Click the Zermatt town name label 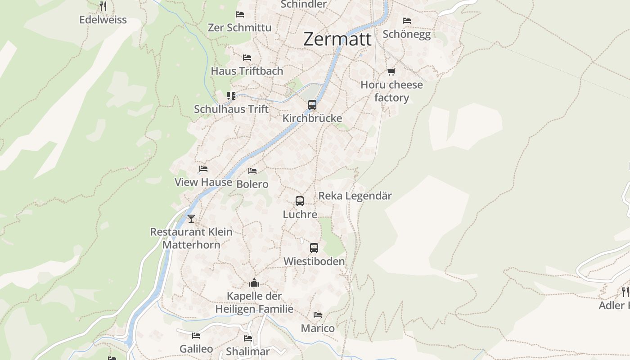(x=337, y=39)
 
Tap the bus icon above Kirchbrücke (x=312, y=105)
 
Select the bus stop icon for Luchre (x=300, y=201)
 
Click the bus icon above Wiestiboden (x=314, y=248)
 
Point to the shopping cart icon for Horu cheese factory (x=391, y=72)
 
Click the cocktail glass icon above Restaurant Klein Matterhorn (x=191, y=219)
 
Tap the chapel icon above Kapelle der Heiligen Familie (x=254, y=283)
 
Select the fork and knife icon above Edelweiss (x=103, y=6)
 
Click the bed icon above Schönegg (x=407, y=21)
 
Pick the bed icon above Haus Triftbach (x=247, y=58)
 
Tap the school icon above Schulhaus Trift (x=231, y=96)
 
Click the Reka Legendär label (x=355, y=196)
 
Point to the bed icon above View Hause (x=203, y=169)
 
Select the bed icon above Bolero (x=252, y=171)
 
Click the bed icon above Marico (x=318, y=315)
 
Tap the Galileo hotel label (x=196, y=349)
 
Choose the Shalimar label (x=248, y=351)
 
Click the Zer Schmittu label (x=239, y=27)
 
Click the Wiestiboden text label (x=314, y=261)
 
